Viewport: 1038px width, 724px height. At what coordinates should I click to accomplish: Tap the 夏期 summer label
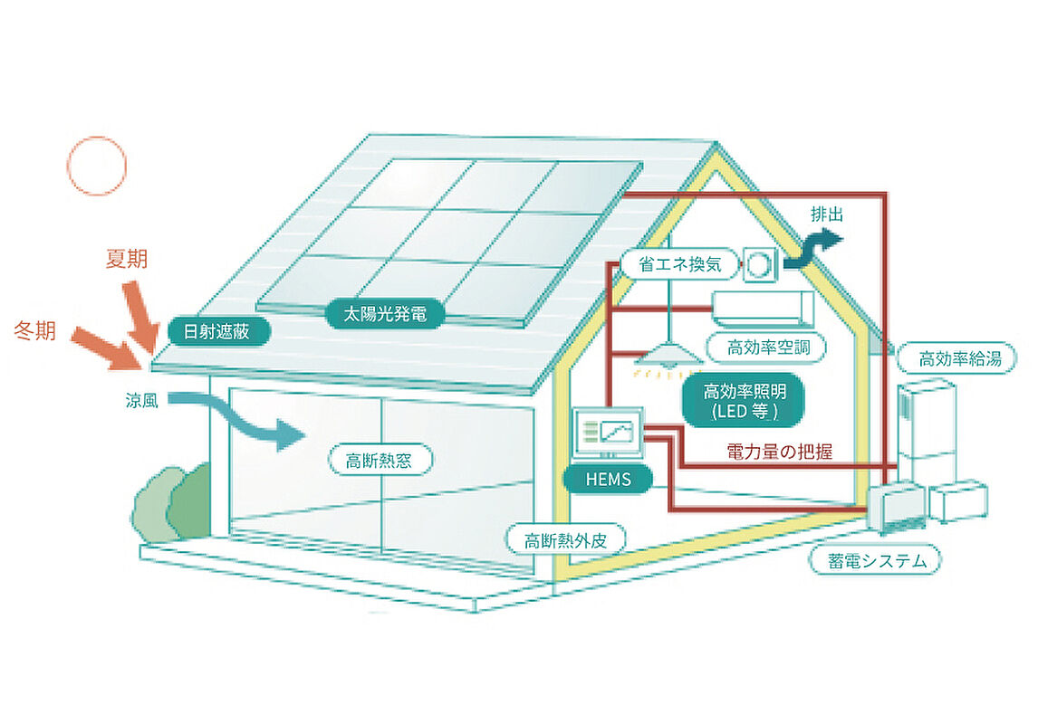coord(127,259)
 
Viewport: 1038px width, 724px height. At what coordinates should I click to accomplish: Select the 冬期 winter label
coord(35,330)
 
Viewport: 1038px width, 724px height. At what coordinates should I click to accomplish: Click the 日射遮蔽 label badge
coord(217,331)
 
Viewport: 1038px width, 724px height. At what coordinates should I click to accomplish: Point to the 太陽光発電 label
coord(385,313)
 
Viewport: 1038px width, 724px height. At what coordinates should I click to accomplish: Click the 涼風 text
coord(141,400)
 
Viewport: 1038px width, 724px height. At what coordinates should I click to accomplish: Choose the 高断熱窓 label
coord(380,460)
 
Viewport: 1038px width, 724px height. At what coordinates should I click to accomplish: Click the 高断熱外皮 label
coord(566,540)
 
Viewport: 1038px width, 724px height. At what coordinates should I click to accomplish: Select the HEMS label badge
coord(609,479)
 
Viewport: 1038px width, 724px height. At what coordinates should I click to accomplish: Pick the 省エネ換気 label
coord(679,264)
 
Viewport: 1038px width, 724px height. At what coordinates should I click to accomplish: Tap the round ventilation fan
coord(759,264)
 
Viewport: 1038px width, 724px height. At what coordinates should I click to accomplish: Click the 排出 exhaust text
coord(828,214)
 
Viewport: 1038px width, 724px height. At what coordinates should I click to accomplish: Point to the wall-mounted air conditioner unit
coord(762,308)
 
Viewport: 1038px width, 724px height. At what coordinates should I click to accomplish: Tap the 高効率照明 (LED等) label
coord(744,401)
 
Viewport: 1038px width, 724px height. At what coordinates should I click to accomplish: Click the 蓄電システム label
coord(876,560)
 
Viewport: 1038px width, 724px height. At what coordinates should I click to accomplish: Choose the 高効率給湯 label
coord(958,359)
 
